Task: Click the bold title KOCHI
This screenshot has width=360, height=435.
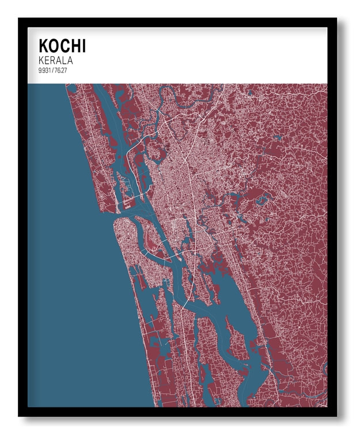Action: (x=62, y=45)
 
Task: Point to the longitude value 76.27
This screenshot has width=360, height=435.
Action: (x=59, y=70)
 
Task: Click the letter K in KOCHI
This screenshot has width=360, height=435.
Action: (x=43, y=45)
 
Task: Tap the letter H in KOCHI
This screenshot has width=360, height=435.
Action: (x=74, y=45)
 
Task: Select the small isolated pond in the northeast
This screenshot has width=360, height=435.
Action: (x=277, y=138)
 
